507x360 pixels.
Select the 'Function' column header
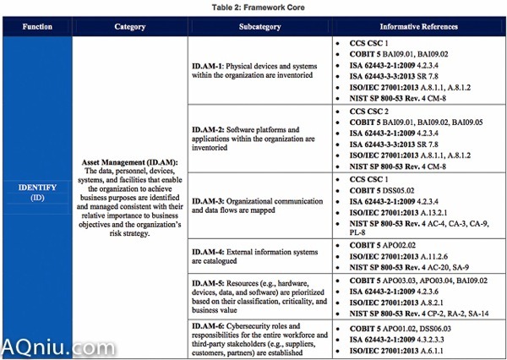point(36,26)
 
